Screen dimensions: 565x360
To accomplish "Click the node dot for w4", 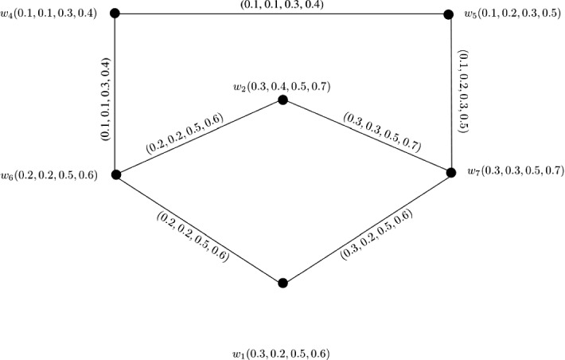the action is (x=115, y=14).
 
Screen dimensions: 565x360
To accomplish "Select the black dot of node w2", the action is (x=282, y=100).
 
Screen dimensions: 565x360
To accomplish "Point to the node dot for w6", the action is (x=115, y=174).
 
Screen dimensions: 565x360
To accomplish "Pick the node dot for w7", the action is (x=451, y=172).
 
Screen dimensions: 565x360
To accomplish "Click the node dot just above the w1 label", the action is (x=282, y=283).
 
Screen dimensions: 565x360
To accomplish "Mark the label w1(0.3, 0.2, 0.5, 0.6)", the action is (x=280, y=352).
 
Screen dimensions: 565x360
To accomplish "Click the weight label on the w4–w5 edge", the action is (x=282, y=5).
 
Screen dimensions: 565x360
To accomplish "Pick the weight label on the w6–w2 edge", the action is (x=185, y=135).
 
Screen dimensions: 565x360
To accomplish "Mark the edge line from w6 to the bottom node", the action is (x=199, y=229).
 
